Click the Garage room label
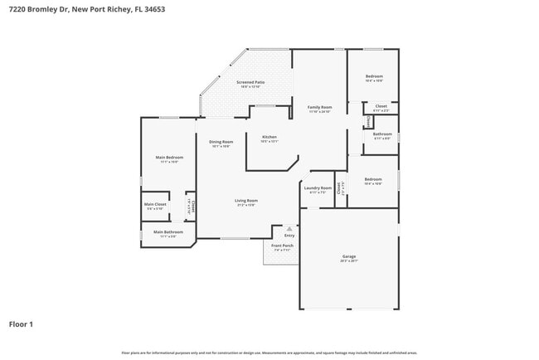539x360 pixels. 349,256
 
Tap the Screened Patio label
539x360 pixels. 250,82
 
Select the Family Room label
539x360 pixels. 319,107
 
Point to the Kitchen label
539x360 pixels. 269,137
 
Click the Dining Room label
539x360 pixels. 221,142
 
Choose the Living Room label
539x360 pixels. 246,200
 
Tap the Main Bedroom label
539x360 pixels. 169,157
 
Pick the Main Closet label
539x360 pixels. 155,204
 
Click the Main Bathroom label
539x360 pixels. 168,232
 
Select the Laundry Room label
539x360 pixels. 318,187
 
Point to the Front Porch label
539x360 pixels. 282,246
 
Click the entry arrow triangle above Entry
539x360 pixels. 289,227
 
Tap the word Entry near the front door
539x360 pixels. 289,236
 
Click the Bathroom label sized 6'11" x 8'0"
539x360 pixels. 382,134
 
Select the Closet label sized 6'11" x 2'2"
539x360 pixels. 381,106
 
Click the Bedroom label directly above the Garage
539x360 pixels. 373,179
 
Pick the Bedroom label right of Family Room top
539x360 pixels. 374,76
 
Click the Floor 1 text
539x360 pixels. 21,324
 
